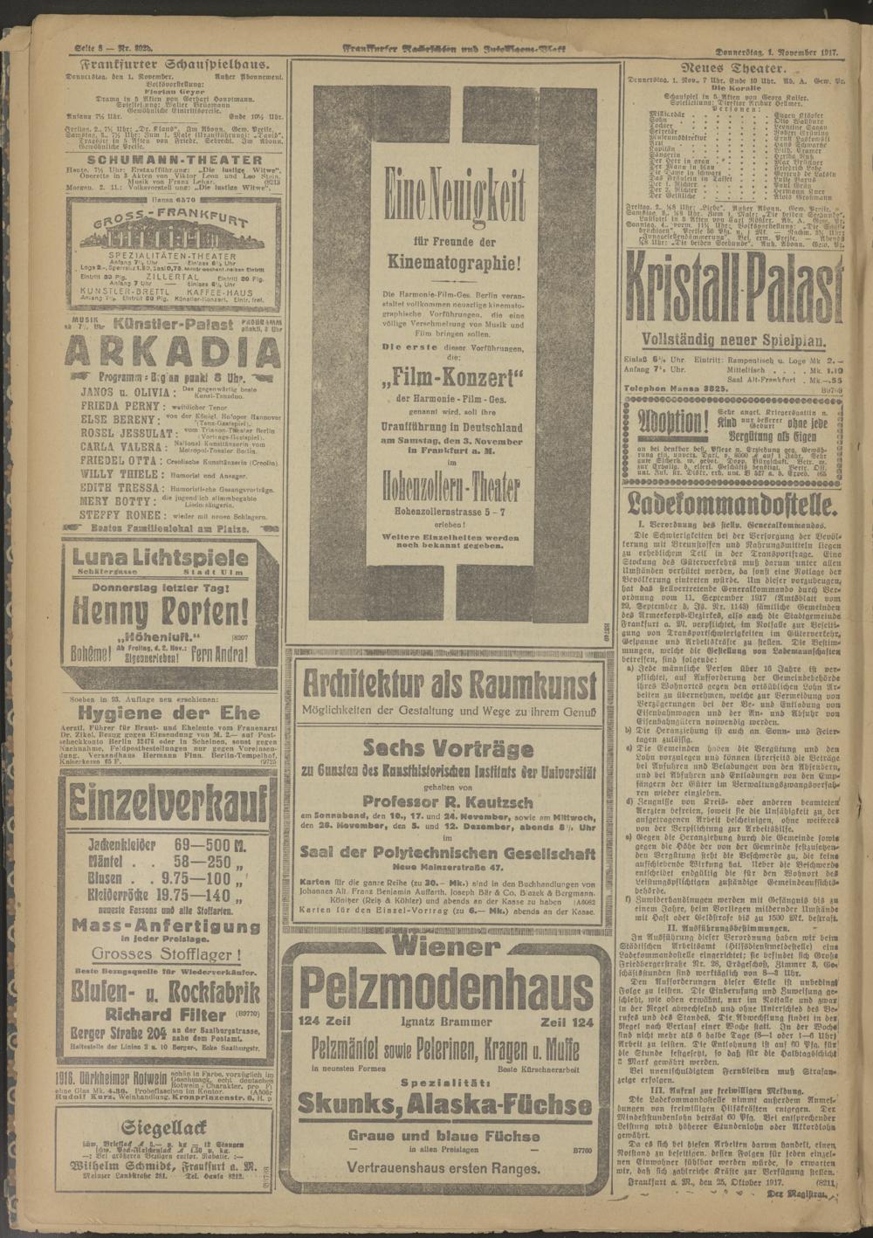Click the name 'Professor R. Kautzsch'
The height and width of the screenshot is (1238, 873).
click(449, 800)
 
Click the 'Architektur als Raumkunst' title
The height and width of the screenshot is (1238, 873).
click(449, 680)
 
